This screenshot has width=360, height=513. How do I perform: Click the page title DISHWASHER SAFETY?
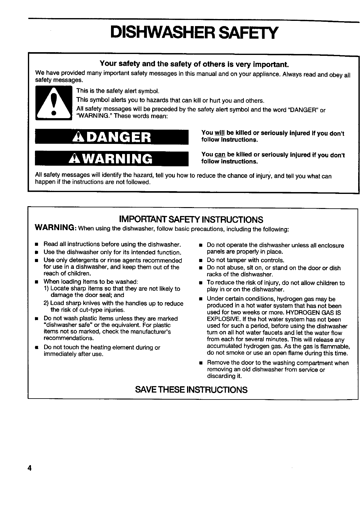(195, 32)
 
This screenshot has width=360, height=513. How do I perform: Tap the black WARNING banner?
(111, 159)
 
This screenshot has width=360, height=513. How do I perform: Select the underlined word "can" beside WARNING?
(219, 155)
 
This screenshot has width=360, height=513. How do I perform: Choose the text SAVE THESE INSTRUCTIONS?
(191, 390)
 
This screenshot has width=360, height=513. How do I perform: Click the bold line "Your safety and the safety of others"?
(194, 64)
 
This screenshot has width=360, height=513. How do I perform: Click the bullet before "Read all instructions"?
(36, 245)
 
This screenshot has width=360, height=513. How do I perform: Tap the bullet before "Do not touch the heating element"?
(36, 348)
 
